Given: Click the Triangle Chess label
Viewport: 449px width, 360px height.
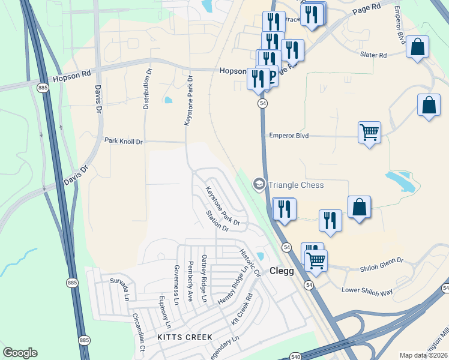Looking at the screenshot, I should (x=296, y=185).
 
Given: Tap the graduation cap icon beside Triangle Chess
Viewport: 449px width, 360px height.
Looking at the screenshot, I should (x=259, y=184).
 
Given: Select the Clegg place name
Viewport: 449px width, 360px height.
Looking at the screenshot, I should (x=281, y=271).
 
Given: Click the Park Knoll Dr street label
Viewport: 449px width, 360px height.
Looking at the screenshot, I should (x=124, y=141).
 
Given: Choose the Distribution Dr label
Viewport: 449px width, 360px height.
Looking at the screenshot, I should (x=146, y=89).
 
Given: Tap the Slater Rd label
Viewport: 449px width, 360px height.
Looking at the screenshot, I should (x=373, y=55).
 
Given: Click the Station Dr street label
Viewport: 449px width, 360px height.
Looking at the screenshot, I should (x=217, y=221).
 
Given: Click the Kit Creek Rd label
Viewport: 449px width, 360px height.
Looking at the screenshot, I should (x=241, y=310).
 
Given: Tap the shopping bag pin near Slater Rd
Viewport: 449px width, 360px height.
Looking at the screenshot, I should (x=417, y=47).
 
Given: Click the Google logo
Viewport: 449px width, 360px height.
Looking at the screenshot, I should (x=20, y=353).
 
